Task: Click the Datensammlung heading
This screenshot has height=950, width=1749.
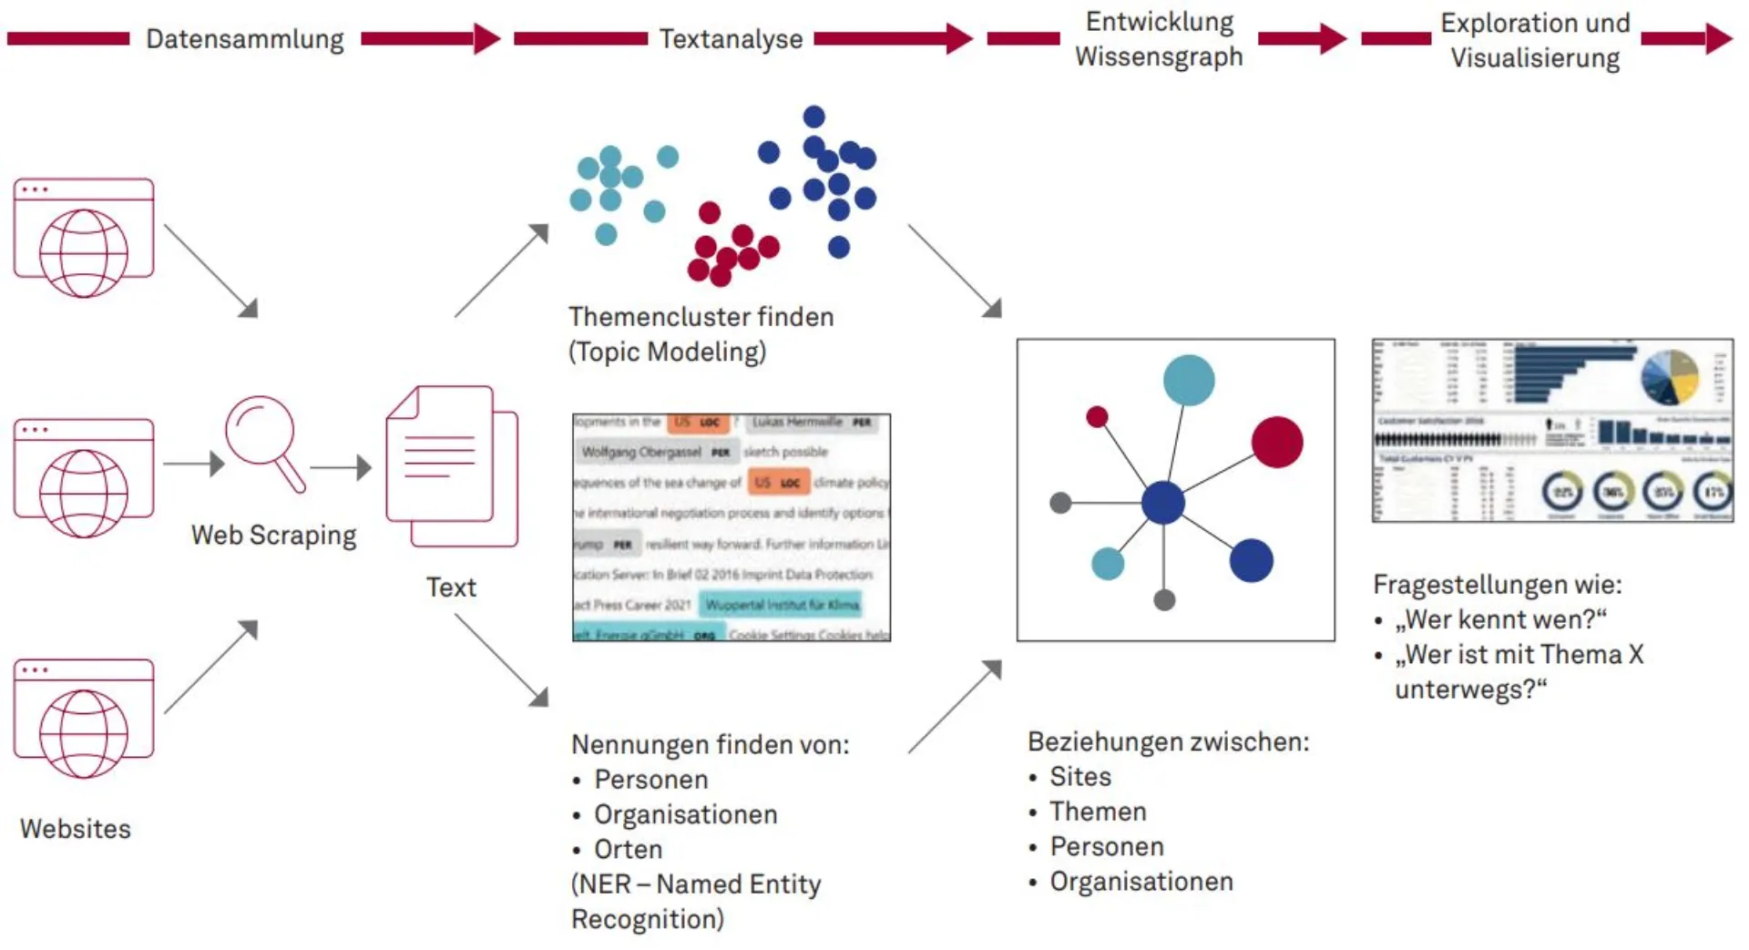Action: [245, 39]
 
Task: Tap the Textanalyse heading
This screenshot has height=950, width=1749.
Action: [731, 39]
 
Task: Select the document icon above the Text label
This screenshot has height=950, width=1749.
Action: [451, 465]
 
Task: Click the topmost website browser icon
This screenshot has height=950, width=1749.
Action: [84, 238]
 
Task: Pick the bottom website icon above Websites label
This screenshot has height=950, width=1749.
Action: [84, 719]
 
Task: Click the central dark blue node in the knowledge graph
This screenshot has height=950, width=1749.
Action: [1163, 503]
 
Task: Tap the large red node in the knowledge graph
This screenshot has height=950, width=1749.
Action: [1277, 443]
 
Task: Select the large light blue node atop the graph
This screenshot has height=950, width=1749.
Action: [1189, 380]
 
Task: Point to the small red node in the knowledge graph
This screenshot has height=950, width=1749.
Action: [1097, 417]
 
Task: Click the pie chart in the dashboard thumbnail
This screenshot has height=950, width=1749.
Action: [1670, 377]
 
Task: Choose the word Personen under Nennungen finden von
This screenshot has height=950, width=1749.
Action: [650, 780]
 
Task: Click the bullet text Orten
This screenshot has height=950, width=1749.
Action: [628, 849]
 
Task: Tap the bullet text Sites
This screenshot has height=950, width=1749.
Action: [1080, 777]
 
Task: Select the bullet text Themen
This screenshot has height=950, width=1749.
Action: [1098, 812]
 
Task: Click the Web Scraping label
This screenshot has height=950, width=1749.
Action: [273, 535]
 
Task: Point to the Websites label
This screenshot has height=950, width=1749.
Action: [76, 829]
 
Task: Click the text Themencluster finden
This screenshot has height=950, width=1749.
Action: [701, 317]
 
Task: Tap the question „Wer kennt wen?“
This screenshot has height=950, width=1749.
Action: [1500, 619]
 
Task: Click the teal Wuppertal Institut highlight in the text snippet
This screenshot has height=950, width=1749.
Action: [782, 605]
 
